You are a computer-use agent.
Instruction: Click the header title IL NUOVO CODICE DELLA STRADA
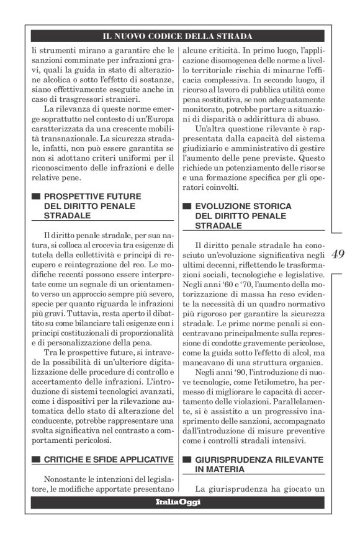[178, 37]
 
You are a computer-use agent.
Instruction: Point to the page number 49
[339, 254]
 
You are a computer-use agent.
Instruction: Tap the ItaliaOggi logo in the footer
[178, 501]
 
